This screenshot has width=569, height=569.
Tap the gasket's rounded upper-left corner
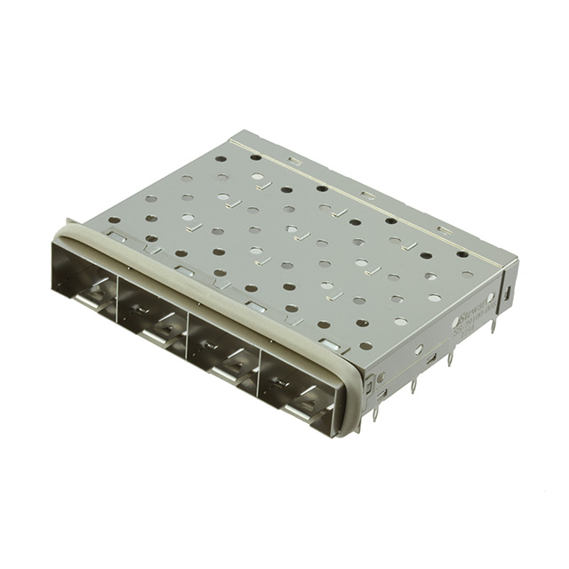(60, 232)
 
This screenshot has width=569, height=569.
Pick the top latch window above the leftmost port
(115, 238)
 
